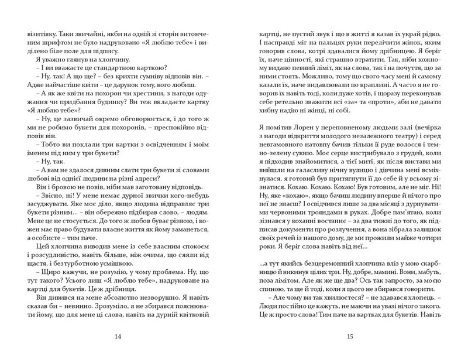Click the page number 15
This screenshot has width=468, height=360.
(350, 337)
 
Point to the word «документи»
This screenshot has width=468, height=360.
(297, 232)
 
